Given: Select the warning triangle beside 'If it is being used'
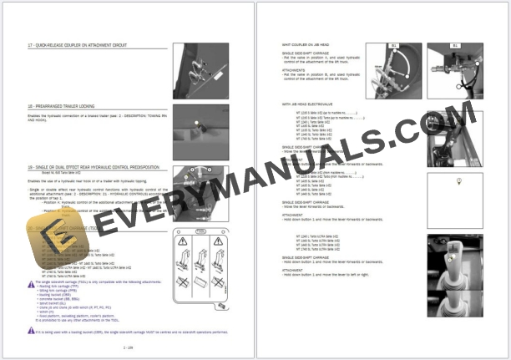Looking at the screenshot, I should coord(32,332).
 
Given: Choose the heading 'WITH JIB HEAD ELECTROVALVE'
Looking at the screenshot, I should coord(315,104).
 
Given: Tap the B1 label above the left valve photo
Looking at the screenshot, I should coord(392,45).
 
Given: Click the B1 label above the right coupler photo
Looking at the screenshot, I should coord(455,45).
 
